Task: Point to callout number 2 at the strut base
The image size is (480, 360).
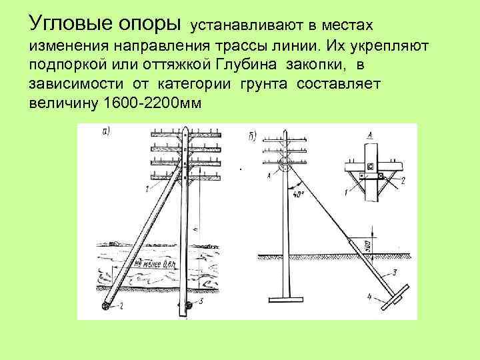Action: point(121,307)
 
